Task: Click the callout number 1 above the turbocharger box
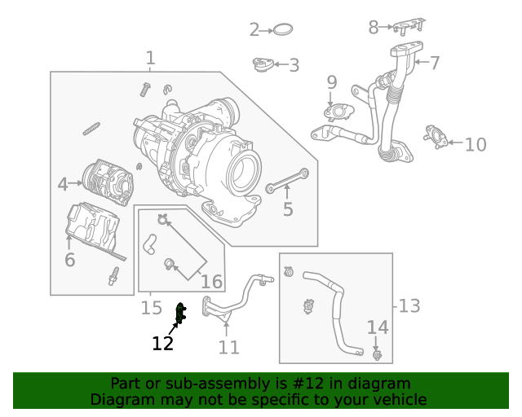point(150,58)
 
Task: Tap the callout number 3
point(294,65)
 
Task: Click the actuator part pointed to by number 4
point(108,182)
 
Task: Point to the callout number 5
point(288,210)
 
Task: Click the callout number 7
point(435,62)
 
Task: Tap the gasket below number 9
point(335,112)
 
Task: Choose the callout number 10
point(475,145)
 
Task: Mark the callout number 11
point(229,347)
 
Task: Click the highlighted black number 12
point(163,343)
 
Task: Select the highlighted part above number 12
point(181,313)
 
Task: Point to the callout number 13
point(409,305)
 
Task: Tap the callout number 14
point(378,327)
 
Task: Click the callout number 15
point(152,308)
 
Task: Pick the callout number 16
point(211,282)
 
